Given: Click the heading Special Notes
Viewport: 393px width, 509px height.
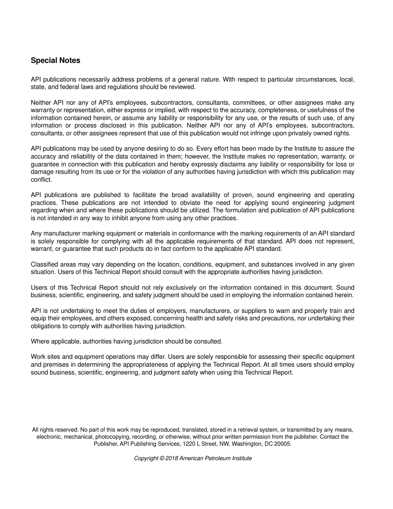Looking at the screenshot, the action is click(x=55, y=60).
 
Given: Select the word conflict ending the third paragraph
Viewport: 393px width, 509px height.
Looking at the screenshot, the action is click(x=41, y=180).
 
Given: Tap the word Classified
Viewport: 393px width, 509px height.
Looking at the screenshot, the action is click(x=45, y=264).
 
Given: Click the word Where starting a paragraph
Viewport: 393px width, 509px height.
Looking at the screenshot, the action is click(x=40, y=341).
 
